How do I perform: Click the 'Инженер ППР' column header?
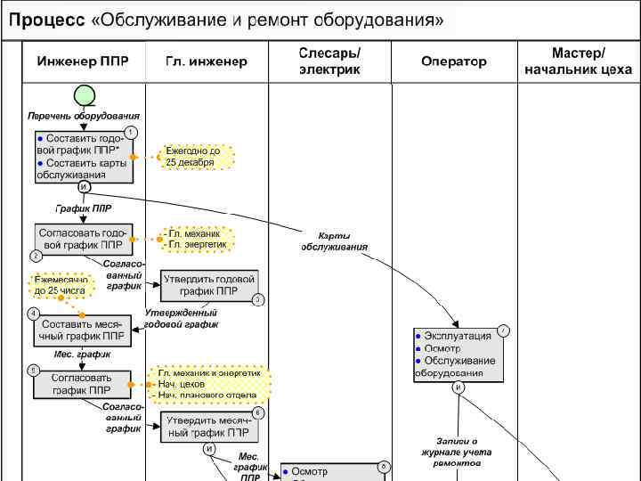pos(83,61)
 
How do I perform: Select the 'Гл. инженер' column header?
pos(207,61)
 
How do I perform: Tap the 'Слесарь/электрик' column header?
pos(329,61)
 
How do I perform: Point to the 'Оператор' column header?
pos(454,61)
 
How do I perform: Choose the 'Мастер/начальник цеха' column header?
pos(578,61)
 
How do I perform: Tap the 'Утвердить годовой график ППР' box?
pos(208,284)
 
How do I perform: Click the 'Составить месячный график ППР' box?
pos(82,330)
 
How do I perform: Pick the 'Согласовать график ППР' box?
pos(82,384)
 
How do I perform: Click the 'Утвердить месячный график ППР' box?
pos(210,427)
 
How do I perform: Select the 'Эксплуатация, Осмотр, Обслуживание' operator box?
pos(458,355)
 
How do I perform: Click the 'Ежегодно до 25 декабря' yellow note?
pos(197,158)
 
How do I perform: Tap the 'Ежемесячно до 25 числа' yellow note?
pos(61,285)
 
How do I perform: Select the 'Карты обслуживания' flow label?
pos(333,240)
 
